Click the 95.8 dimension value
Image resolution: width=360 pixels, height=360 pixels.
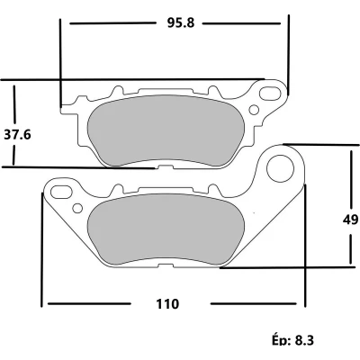(x=181, y=22)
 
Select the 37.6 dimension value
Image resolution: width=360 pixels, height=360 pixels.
(x=17, y=135)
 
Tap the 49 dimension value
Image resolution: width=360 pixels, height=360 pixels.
(x=350, y=220)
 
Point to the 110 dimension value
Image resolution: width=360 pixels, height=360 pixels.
(x=167, y=304)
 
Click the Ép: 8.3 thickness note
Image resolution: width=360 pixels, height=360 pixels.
(x=292, y=339)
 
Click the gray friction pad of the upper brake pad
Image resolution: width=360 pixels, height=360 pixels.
(x=166, y=130)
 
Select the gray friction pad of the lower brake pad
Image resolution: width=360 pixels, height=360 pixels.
(x=166, y=229)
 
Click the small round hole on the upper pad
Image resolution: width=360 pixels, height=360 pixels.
(x=254, y=110)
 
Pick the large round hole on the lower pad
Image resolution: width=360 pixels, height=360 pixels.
(x=280, y=168)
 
